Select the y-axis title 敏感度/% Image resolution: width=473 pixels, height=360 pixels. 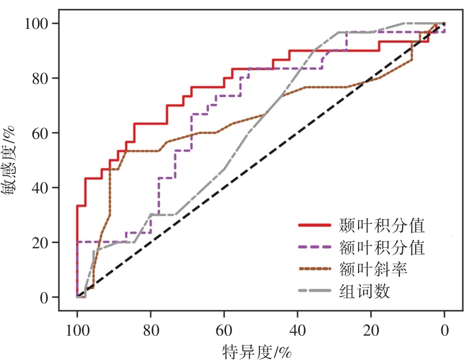click(x=12, y=161)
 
